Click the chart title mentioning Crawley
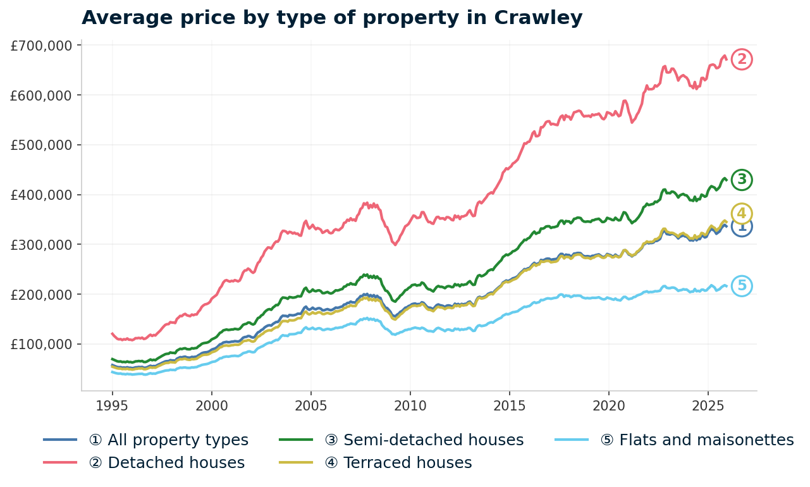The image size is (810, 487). click(332, 18)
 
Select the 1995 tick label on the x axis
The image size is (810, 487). click(113, 405)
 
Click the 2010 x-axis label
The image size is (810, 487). click(410, 405)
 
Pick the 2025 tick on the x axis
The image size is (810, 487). click(708, 405)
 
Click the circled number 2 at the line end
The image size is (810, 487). click(742, 59)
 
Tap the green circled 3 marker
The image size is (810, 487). click(742, 180)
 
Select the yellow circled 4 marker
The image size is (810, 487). click(742, 213)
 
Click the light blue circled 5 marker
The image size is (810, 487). click(742, 286)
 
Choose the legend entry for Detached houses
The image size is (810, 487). click(176, 463)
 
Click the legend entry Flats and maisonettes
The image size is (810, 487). click(697, 440)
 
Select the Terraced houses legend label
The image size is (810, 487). click(398, 463)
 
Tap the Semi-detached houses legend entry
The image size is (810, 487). click(424, 440)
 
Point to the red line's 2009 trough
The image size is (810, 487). click(395, 244)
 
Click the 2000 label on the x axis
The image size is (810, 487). click(212, 405)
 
